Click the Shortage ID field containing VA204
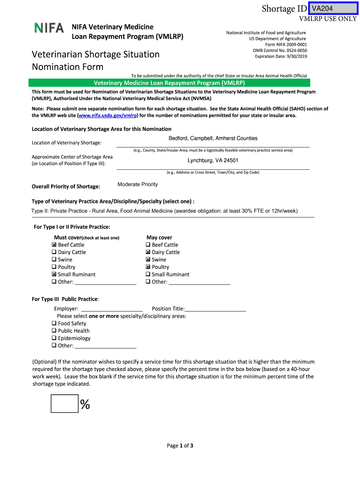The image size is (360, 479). tap(332, 9)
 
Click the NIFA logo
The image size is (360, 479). tap(49, 28)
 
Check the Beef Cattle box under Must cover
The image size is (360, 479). tap(54, 245)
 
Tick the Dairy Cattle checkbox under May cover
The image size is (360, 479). tap(148, 252)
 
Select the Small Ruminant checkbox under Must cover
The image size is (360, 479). tap(54, 275)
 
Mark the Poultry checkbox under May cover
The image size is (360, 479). tap(148, 267)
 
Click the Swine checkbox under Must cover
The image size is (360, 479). tap(54, 260)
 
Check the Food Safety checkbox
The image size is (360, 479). tap(54, 323)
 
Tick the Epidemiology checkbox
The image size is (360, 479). tap(54, 338)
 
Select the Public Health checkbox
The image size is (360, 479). tap(54, 331)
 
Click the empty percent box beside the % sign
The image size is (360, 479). tap(65, 404)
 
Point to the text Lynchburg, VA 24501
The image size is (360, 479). tap(213, 160)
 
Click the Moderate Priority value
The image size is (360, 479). tap(137, 184)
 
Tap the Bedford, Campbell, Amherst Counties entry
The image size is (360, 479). tap(213, 138)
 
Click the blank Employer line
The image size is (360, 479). tap(112, 309)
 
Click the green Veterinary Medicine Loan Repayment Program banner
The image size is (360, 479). tap(169, 83)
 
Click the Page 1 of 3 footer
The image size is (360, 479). tap(180, 446)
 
